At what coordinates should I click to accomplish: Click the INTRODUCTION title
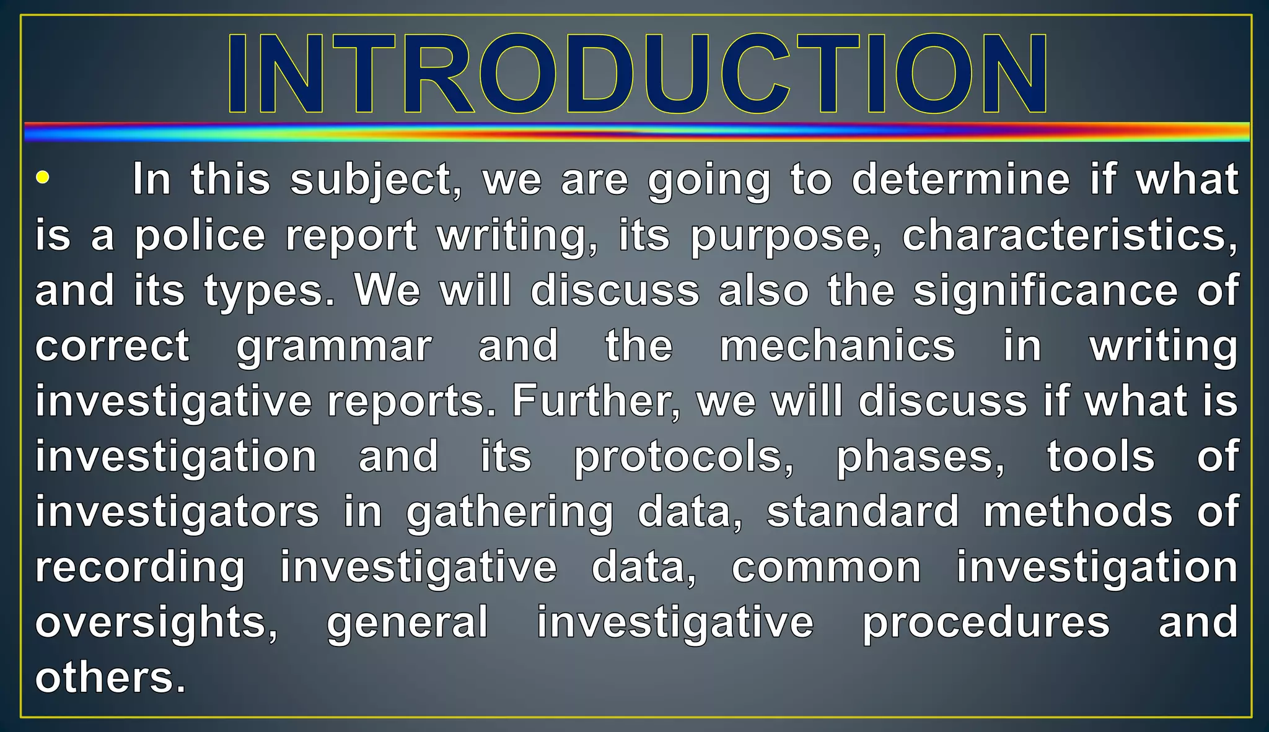click(637, 73)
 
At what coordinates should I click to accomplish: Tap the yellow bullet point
click(42, 178)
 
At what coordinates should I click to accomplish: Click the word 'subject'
click(375, 180)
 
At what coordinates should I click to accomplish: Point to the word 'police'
click(200, 236)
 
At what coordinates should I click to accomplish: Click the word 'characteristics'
click(1069, 235)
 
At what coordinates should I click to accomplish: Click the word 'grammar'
click(334, 347)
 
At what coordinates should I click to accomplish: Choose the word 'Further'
click(595, 401)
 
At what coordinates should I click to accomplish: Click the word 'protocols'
click(683, 457)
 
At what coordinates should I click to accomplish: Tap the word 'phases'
click(921, 457)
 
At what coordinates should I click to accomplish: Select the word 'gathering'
click(510, 513)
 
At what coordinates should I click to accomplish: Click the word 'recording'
click(140, 568)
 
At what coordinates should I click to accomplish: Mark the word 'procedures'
click(986, 623)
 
